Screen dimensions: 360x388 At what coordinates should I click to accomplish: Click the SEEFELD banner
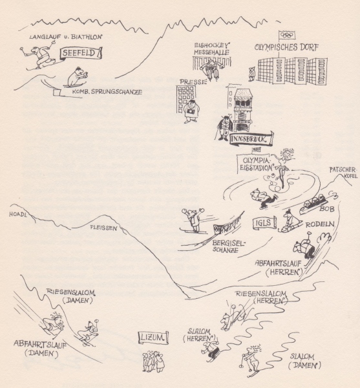(x=81, y=53)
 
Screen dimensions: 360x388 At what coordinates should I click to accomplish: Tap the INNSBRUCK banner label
(x=251, y=139)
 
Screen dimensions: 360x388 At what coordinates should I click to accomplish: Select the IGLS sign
(x=264, y=223)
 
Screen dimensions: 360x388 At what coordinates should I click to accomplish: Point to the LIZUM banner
(x=153, y=338)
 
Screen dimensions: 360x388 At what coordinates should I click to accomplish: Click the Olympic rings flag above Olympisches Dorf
(x=287, y=36)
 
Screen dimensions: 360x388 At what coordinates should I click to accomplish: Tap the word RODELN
(x=320, y=224)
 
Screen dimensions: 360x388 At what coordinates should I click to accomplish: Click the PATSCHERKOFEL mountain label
(x=344, y=173)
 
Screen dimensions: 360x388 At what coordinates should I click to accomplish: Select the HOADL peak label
(x=17, y=214)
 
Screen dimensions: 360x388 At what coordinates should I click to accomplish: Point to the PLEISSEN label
(x=103, y=227)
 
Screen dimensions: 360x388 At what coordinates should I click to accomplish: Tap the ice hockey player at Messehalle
(x=210, y=70)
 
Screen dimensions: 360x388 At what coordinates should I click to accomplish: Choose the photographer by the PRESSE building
(x=191, y=111)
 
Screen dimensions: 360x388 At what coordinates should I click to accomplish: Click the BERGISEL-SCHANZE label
(x=228, y=246)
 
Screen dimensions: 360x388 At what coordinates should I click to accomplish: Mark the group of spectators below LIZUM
(x=154, y=361)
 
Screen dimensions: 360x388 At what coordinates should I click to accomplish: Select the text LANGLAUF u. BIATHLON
(x=65, y=37)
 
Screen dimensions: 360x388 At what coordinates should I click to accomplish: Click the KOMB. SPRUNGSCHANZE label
(x=107, y=92)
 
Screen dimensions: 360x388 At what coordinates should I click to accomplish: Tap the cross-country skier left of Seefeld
(x=39, y=55)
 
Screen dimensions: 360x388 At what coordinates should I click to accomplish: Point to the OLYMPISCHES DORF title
(x=286, y=47)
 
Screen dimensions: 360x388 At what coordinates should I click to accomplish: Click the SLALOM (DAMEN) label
(x=304, y=361)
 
